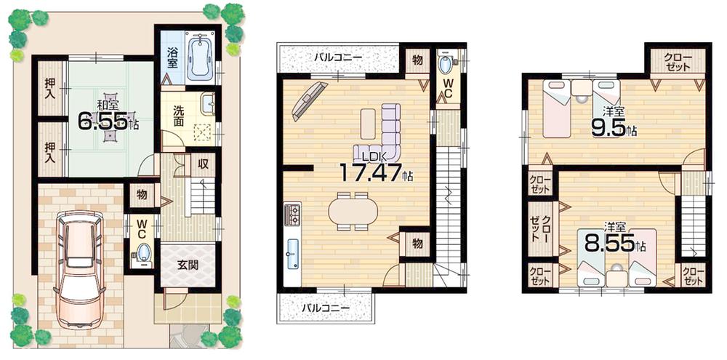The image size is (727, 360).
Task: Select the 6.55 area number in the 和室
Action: [x=104, y=120]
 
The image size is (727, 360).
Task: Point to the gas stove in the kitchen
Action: [x=292, y=214]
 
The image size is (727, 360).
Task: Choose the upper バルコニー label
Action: [x=338, y=57]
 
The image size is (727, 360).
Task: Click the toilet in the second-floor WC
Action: [x=445, y=65]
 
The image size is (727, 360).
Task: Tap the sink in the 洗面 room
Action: [x=206, y=104]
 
